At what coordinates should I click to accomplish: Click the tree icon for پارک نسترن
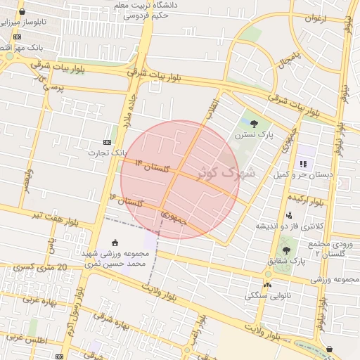tap(255, 124)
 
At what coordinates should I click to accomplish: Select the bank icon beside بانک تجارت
tap(107, 141)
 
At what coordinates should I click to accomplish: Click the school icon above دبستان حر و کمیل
tap(303, 164)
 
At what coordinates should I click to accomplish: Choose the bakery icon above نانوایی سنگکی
tap(267, 285)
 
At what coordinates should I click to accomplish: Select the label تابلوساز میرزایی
tap(41, 22)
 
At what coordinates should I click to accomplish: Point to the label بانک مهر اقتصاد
tap(28, 47)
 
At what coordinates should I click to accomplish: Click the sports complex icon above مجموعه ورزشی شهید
tap(115, 243)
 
